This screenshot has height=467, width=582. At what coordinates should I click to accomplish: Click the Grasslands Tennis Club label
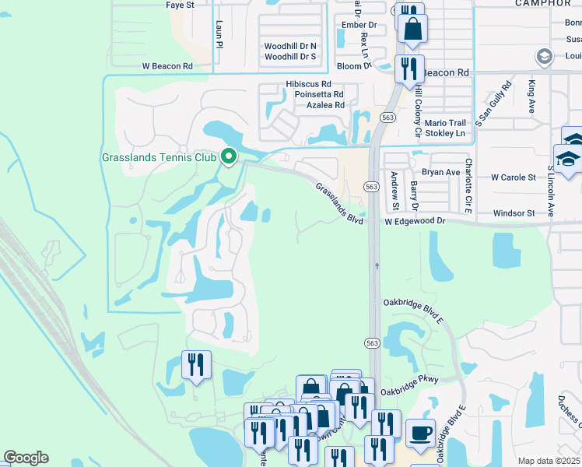pyautogui.click(x=159, y=157)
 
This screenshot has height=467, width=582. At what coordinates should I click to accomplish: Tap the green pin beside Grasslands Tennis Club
pyautogui.click(x=228, y=156)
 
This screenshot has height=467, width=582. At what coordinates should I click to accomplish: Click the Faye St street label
pyautogui.click(x=180, y=5)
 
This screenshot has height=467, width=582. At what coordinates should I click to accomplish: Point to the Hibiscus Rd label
pyautogui.click(x=308, y=83)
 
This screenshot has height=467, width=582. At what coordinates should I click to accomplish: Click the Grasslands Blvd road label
pyautogui.click(x=340, y=204)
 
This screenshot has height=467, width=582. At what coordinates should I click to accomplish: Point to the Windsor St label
pyautogui.click(x=514, y=213)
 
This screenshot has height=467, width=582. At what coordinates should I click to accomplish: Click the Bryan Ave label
pyautogui.click(x=441, y=172)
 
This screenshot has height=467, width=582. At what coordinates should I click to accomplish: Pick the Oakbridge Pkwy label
pyautogui.click(x=409, y=380)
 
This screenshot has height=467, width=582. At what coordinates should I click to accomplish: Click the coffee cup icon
pyautogui.click(x=421, y=434)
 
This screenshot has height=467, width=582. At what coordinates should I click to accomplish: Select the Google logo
pyautogui.click(x=26, y=458)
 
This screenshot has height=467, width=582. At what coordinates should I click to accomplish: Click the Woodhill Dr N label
pyautogui.click(x=290, y=46)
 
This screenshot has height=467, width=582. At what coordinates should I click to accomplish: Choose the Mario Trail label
pyautogui.click(x=446, y=123)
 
